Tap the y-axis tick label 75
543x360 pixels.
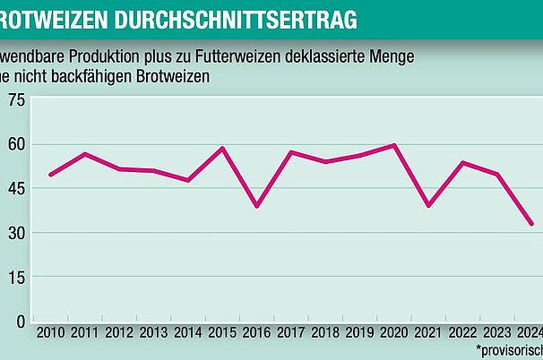pyautogui.click(x=17, y=99)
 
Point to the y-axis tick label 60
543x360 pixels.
pyautogui.click(x=17, y=144)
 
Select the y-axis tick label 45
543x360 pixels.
pyautogui.click(x=17, y=188)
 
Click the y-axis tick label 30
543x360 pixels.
pyautogui.click(x=17, y=233)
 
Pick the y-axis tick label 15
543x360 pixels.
pyautogui.click(x=17, y=277)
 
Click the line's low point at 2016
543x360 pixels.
pyautogui.click(x=257, y=206)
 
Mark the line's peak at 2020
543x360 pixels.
pyautogui.click(x=394, y=145)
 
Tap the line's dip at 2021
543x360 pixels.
pyautogui.click(x=429, y=206)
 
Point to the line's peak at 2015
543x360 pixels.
pyautogui.click(x=222, y=148)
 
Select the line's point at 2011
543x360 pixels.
pyautogui.click(x=85, y=154)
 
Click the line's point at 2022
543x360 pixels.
pyautogui.click(x=463, y=162)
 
